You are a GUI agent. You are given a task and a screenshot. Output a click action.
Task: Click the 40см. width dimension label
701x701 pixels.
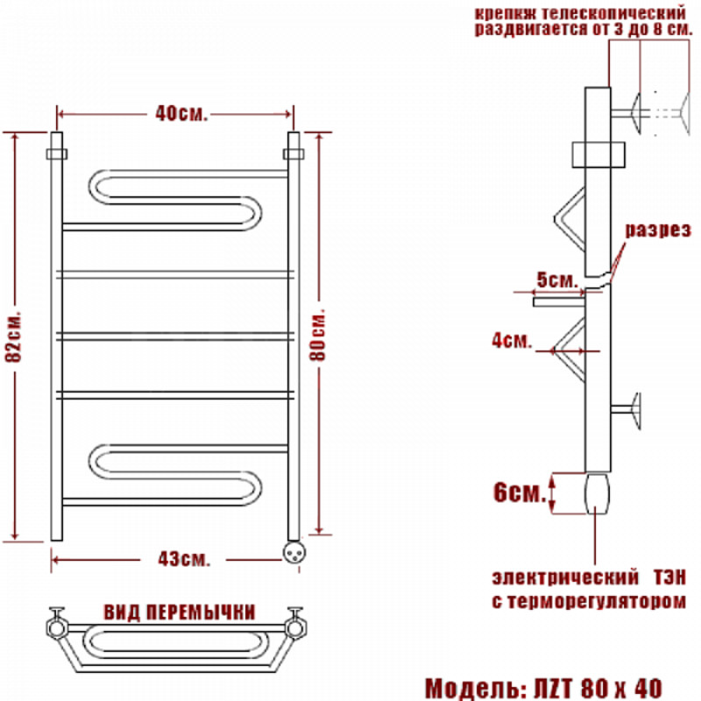click(x=181, y=114)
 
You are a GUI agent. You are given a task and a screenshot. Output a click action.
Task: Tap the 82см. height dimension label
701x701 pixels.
click(x=14, y=336)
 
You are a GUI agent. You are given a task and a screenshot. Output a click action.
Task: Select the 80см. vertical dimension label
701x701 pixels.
click(x=318, y=334)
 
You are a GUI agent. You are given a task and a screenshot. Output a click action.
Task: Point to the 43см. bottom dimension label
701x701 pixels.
click(x=184, y=559)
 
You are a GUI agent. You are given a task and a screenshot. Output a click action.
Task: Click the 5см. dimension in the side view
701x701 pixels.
click(x=557, y=280)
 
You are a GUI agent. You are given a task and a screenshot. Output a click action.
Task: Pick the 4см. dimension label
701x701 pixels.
click(x=512, y=341)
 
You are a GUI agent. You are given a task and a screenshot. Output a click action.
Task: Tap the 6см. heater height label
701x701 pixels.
click(x=520, y=492)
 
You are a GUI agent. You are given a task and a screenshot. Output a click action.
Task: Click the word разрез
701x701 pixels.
click(x=658, y=230)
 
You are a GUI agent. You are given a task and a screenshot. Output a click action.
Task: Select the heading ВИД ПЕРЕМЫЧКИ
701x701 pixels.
click(x=180, y=612)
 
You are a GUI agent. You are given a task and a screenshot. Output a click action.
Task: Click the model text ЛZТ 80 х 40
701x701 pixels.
click(x=598, y=688)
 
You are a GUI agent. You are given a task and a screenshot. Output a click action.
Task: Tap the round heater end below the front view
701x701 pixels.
click(x=294, y=552)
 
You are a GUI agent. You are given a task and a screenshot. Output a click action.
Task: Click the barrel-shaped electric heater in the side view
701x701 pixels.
click(x=598, y=494)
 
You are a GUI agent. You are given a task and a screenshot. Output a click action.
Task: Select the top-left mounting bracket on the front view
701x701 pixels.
click(x=57, y=154)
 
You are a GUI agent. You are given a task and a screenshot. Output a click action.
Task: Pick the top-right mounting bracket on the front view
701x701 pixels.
click(x=294, y=154)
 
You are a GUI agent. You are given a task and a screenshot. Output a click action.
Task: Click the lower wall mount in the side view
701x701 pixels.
click(x=627, y=410)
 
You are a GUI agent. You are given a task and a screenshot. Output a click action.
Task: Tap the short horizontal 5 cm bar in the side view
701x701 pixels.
click(x=559, y=301)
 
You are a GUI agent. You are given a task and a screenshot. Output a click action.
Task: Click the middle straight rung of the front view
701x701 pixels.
click(x=175, y=336)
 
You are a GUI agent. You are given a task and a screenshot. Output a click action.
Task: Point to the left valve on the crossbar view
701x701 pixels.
click(x=57, y=624)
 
